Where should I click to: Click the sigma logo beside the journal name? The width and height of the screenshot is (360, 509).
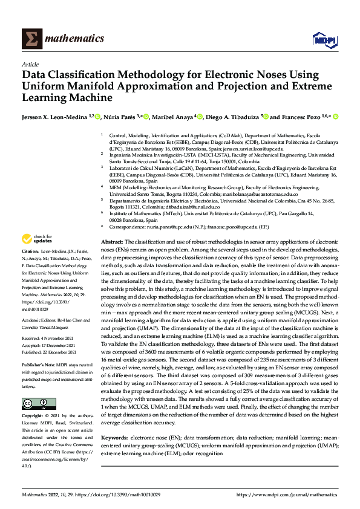[x=32, y=39]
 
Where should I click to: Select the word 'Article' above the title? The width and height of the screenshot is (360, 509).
[x=30, y=64]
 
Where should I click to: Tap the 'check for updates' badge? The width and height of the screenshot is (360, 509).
[x=37, y=239]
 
